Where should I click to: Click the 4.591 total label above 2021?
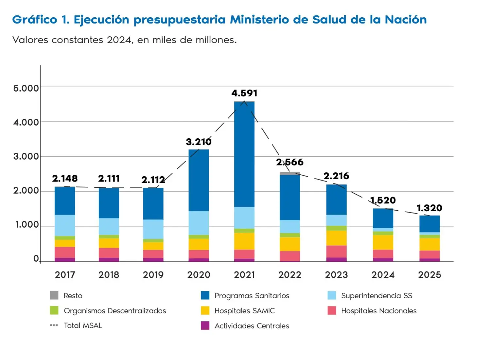tap(244, 93)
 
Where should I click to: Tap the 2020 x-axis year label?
tap(199, 275)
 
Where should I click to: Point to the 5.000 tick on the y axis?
tap(26, 88)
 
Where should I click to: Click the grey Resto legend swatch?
tap(54, 295)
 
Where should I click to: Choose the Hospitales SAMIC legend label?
tap(244, 311)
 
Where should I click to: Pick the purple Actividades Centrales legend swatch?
tap(205, 326)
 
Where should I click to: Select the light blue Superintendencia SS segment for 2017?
tap(65, 225)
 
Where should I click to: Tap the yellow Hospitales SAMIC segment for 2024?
tap(383, 242)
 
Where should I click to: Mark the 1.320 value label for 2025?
tap(429, 208)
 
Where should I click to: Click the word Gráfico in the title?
tap(35, 20)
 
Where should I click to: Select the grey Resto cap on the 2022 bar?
tap(290, 174)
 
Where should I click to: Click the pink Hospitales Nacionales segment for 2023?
tap(336, 251)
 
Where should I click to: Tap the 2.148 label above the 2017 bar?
tap(65, 179)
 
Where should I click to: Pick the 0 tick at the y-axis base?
tap(36, 259)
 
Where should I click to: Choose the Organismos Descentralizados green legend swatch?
tap(54, 310)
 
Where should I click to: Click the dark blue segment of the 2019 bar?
tap(153, 204)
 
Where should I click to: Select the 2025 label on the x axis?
tap(430, 275)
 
